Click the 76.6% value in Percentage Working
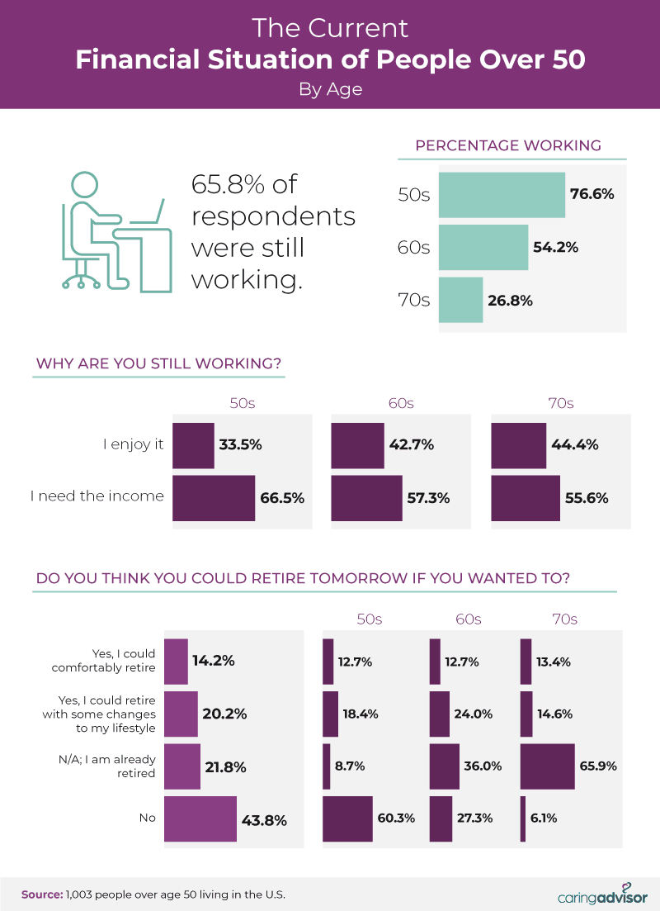(592, 195)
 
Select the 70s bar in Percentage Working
(460, 300)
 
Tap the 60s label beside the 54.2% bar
(414, 248)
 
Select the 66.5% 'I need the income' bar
(214, 498)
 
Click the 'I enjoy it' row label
(134, 445)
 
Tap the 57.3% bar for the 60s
(367, 498)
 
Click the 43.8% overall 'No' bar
(200, 819)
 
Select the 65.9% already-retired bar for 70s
(547, 766)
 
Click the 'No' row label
(146, 819)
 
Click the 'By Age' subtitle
(330, 89)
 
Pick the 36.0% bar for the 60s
(445, 766)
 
